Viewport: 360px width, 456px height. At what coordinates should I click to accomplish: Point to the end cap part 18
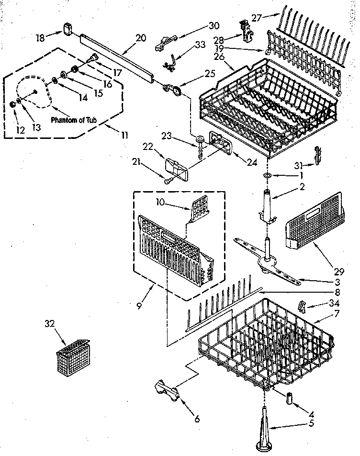point(67,30)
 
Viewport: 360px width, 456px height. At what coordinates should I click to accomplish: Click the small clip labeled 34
point(302,305)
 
